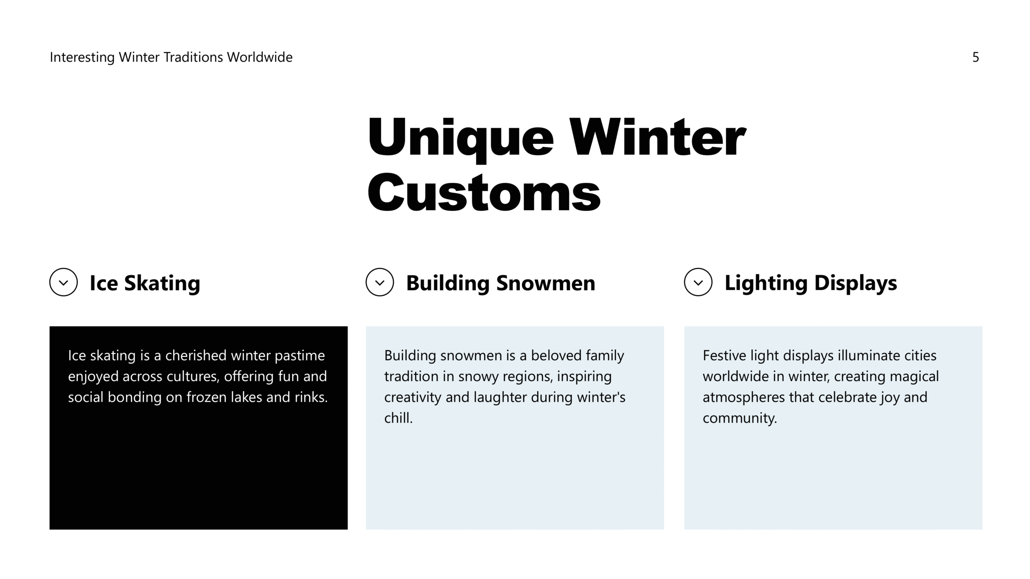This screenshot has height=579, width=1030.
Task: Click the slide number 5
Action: click(x=975, y=57)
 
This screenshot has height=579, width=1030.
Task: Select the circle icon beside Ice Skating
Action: click(x=64, y=282)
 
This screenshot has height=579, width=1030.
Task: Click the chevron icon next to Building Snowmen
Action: click(x=380, y=283)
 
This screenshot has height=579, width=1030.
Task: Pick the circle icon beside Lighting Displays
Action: click(x=698, y=282)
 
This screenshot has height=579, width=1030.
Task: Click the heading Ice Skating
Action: click(x=145, y=283)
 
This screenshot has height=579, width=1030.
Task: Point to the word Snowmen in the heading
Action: click(x=546, y=283)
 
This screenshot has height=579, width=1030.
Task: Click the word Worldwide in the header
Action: click(x=260, y=57)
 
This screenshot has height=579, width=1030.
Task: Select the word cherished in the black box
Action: click(x=196, y=355)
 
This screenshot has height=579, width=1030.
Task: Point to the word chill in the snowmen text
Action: click(x=398, y=418)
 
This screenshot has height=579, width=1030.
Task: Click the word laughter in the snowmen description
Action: click(x=500, y=398)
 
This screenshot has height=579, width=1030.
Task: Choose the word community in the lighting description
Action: click(x=740, y=419)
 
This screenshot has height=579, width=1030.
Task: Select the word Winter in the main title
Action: click(x=658, y=138)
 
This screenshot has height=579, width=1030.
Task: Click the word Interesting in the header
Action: click(x=82, y=57)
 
